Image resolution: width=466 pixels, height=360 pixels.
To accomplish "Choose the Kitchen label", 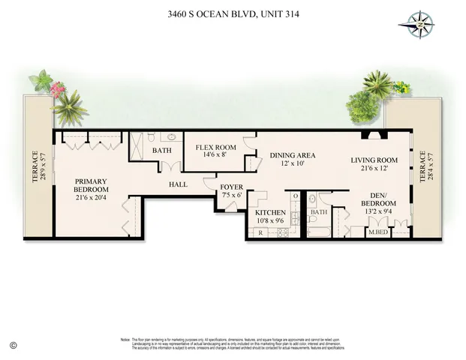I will click(269, 213).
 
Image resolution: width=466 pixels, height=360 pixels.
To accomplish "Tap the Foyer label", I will click(230, 187).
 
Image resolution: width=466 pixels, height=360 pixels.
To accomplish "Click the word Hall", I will click(178, 183).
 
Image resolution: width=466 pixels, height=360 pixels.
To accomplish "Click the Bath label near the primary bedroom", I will click(162, 150).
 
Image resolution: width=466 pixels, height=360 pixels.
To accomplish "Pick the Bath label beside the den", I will click(319, 212).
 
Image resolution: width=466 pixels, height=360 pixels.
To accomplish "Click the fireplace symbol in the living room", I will click(374, 136).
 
